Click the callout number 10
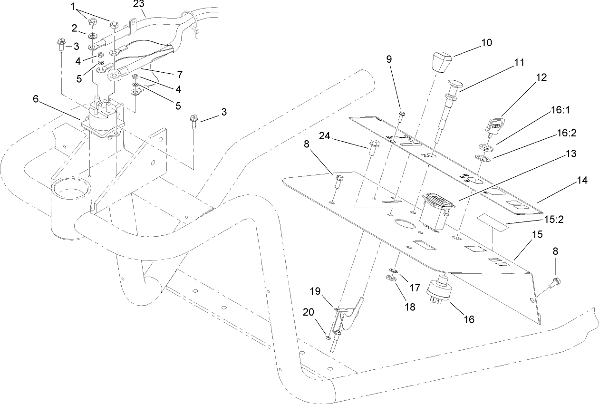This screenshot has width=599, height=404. pos(486,42)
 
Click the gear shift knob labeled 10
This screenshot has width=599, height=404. pos(442,62)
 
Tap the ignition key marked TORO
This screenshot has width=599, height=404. pos(492,127)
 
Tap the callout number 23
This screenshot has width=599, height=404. pos(139,4)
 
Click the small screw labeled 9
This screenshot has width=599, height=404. pos(402,114)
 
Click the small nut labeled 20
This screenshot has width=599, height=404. pos(328,338)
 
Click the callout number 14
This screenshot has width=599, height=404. pos(582,181)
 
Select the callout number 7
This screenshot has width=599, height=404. pos(179,74)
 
